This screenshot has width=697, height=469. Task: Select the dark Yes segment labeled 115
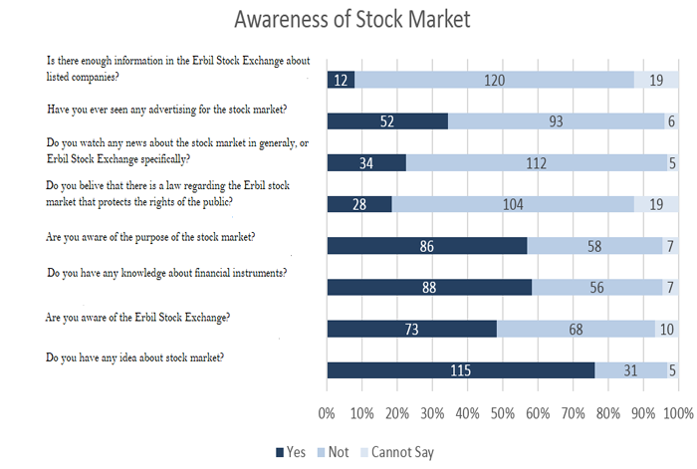(x=460, y=370)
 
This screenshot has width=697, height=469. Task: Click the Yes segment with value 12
(x=341, y=80)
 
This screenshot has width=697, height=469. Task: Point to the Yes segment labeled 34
(x=365, y=163)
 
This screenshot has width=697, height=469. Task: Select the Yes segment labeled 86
(x=426, y=246)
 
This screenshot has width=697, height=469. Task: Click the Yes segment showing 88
(x=429, y=288)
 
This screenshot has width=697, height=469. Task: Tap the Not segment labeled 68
(x=576, y=329)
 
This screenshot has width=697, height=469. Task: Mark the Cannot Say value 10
(x=666, y=329)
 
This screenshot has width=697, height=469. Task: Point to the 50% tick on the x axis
(x=502, y=412)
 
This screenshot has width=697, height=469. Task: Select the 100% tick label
(x=677, y=412)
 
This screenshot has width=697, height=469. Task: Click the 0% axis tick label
(x=327, y=412)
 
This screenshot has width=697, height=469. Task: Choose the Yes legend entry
(x=291, y=452)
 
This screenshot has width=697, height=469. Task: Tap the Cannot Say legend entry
(x=396, y=452)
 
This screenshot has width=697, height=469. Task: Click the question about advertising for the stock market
(x=166, y=108)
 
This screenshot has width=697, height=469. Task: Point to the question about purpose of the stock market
(x=150, y=237)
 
